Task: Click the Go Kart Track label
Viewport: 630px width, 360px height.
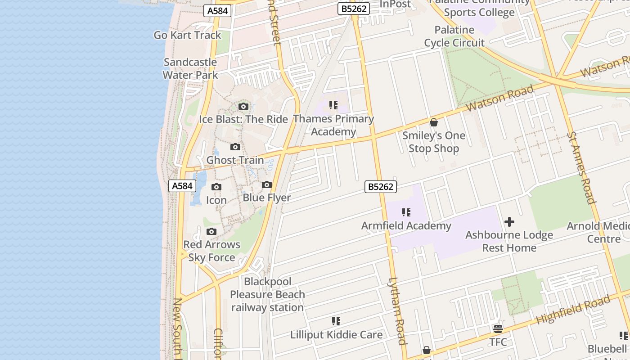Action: [x=187, y=35]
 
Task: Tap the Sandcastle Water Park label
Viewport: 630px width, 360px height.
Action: [x=190, y=68]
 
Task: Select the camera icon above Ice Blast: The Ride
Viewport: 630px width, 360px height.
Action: [x=243, y=107]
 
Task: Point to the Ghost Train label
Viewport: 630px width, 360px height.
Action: [x=235, y=160]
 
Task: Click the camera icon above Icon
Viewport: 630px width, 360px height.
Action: [x=216, y=187]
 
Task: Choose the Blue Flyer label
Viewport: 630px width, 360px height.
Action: [x=267, y=198]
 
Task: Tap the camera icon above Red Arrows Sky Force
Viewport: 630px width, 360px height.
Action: [x=211, y=232]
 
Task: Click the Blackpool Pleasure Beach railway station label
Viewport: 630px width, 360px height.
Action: [x=267, y=295]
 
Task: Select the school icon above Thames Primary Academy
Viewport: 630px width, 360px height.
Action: [x=333, y=105]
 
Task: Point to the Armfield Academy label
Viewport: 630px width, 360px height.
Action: [x=406, y=226]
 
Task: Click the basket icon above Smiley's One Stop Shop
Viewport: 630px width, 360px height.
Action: [x=434, y=122]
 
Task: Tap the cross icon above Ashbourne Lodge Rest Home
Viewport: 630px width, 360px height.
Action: [x=509, y=222]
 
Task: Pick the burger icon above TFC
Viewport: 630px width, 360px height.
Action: [x=498, y=328]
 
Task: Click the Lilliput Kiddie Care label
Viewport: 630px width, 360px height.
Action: [x=336, y=335]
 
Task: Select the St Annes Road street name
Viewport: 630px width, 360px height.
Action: [x=581, y=167]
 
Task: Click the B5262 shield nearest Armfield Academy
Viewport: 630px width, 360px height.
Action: [x=381, y=187]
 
